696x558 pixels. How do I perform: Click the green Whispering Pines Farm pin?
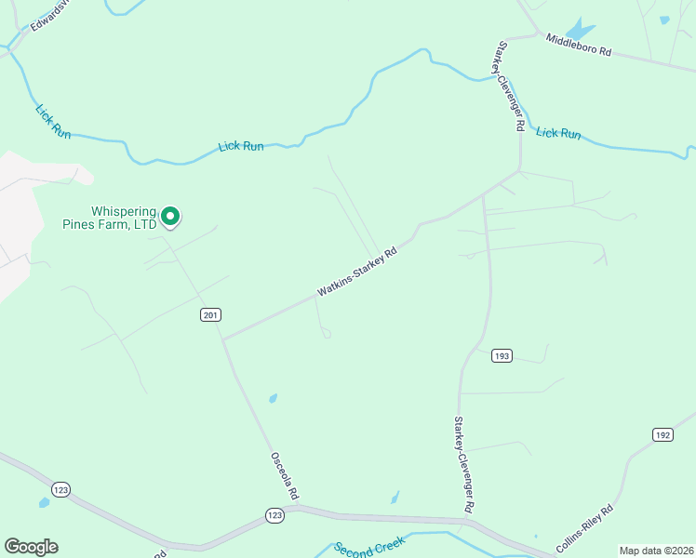[x=170, y=216]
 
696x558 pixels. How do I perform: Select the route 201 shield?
[x=210, y=315]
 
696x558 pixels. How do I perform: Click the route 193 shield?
[x=502, y=356]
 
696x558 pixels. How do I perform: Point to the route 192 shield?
[x=663, y=434]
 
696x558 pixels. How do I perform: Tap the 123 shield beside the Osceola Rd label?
[x=274, y=514]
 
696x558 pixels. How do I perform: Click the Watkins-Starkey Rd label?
[x=356, y=272]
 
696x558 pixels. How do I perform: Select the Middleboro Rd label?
[x=578, y=46]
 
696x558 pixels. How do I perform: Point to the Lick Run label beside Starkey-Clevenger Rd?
[x=558, y=133]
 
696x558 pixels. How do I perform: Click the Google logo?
[x=31, y=547]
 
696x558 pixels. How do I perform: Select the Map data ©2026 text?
[x=656, y=551]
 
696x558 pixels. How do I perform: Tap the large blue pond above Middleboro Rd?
[x=579, y=29]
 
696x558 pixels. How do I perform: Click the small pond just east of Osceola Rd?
[x=273, y=399]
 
